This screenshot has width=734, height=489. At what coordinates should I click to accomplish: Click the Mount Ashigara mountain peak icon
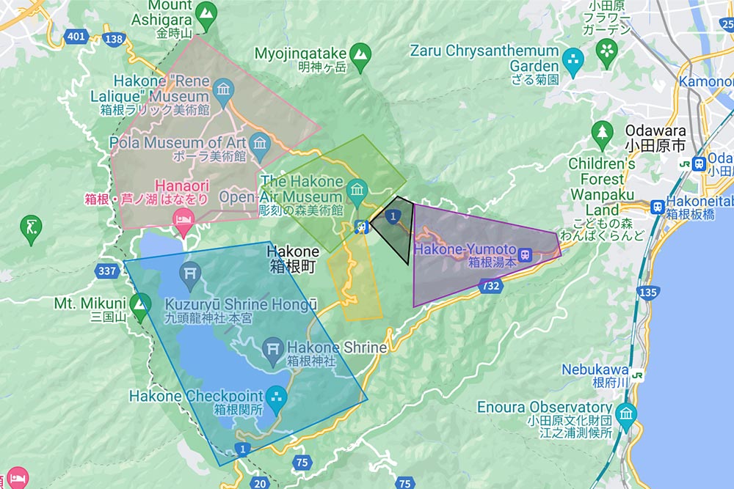tap(206, 11)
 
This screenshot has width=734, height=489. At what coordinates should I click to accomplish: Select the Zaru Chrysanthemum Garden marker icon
tap(573, 58)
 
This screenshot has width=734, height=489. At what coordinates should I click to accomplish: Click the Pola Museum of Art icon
tap(260, 142)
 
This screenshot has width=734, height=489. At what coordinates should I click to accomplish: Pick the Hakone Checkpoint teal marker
tap(277, 397)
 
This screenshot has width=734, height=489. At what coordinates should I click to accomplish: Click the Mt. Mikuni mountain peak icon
tap(139, 303)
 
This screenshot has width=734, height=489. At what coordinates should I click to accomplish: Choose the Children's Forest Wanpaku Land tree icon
tap(602, 133)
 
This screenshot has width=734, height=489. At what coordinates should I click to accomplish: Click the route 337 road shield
tap(106, 271)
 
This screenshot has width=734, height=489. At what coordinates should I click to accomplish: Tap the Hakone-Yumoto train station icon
tap(526, 254)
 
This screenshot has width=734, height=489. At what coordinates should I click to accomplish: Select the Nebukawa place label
tap(595, 369)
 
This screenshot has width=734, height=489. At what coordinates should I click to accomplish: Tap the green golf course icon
tap(31, 226)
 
